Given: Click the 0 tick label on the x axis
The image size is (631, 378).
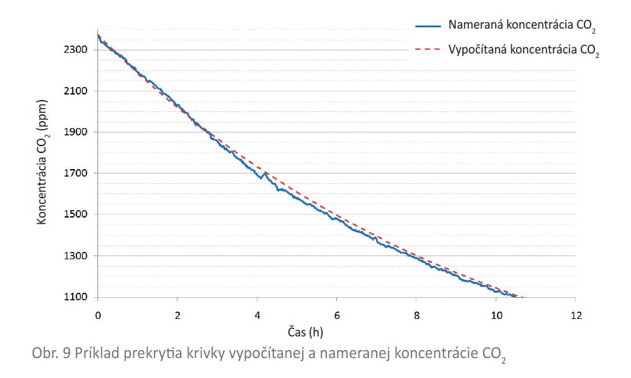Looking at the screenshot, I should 97,315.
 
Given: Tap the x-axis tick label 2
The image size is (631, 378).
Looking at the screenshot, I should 177,315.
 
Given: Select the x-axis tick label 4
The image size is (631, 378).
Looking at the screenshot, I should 257,315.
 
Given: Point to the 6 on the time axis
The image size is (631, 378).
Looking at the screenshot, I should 337,315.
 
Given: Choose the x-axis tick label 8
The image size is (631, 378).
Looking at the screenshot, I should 416,315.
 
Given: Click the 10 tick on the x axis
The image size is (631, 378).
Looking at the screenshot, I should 496,315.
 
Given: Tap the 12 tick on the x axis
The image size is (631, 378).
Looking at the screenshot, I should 576,315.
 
